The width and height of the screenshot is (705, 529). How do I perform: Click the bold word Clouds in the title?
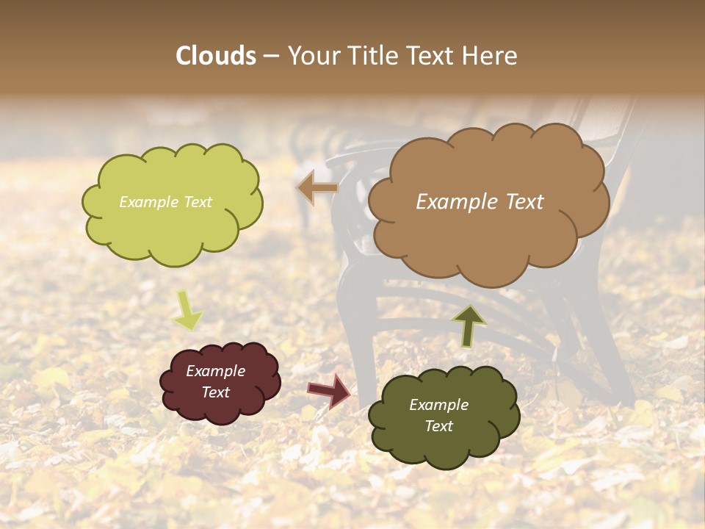tap(216, 56)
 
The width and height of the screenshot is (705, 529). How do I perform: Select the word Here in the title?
tap(491, 56)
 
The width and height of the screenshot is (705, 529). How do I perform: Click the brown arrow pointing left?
tap(317, 188)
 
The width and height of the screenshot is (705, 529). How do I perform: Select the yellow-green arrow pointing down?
tap(187, 311)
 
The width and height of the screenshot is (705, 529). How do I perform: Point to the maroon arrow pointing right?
tap(330, 391)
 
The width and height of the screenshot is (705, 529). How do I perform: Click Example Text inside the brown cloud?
tap(480, 202)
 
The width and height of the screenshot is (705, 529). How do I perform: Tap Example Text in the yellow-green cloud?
tap(165, 202)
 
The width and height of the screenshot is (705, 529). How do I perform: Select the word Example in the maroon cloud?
tap(215, 371)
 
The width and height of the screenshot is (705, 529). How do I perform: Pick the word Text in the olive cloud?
tap(438, 426)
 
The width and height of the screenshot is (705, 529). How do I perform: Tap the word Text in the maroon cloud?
tap(215, 392)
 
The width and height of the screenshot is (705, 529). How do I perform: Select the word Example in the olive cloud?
tap(438, 405)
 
